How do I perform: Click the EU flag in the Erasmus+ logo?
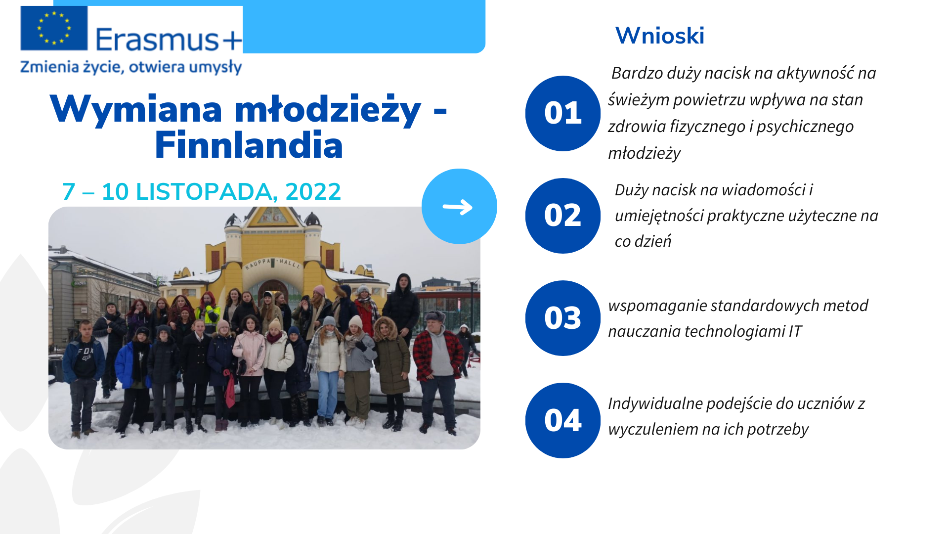54,28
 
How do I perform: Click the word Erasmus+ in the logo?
169,40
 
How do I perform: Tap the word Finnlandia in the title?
249,145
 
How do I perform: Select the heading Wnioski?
660,36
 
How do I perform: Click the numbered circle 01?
563,113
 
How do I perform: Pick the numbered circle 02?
563,216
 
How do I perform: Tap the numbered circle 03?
563,318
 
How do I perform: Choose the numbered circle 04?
563,420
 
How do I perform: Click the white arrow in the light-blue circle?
458,207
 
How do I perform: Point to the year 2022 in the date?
313,192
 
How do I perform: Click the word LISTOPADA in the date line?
204,192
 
